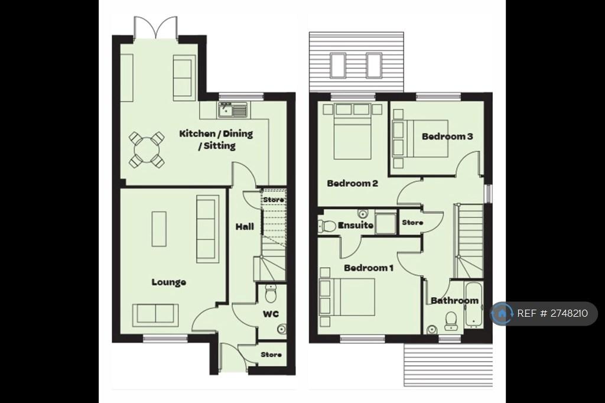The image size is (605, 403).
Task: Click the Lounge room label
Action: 168,282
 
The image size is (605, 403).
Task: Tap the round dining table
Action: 147,149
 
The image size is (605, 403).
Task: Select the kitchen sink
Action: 233,110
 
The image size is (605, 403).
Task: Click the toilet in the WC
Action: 271,294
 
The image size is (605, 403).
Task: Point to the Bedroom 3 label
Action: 447,136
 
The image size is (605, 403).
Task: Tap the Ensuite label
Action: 355,225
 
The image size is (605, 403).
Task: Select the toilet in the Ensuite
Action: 327,226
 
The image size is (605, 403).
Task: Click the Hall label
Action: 245,226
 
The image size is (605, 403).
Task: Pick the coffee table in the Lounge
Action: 159,229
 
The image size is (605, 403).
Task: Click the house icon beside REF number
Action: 502,313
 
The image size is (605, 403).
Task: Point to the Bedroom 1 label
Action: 369,268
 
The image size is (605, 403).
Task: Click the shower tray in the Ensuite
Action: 385,223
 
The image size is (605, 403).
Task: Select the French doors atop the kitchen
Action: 156,28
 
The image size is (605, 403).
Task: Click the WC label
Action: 271,314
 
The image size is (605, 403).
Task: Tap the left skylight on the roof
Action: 337,65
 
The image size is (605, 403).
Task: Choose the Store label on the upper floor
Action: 412,222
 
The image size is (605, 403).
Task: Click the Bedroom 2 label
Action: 352,183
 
